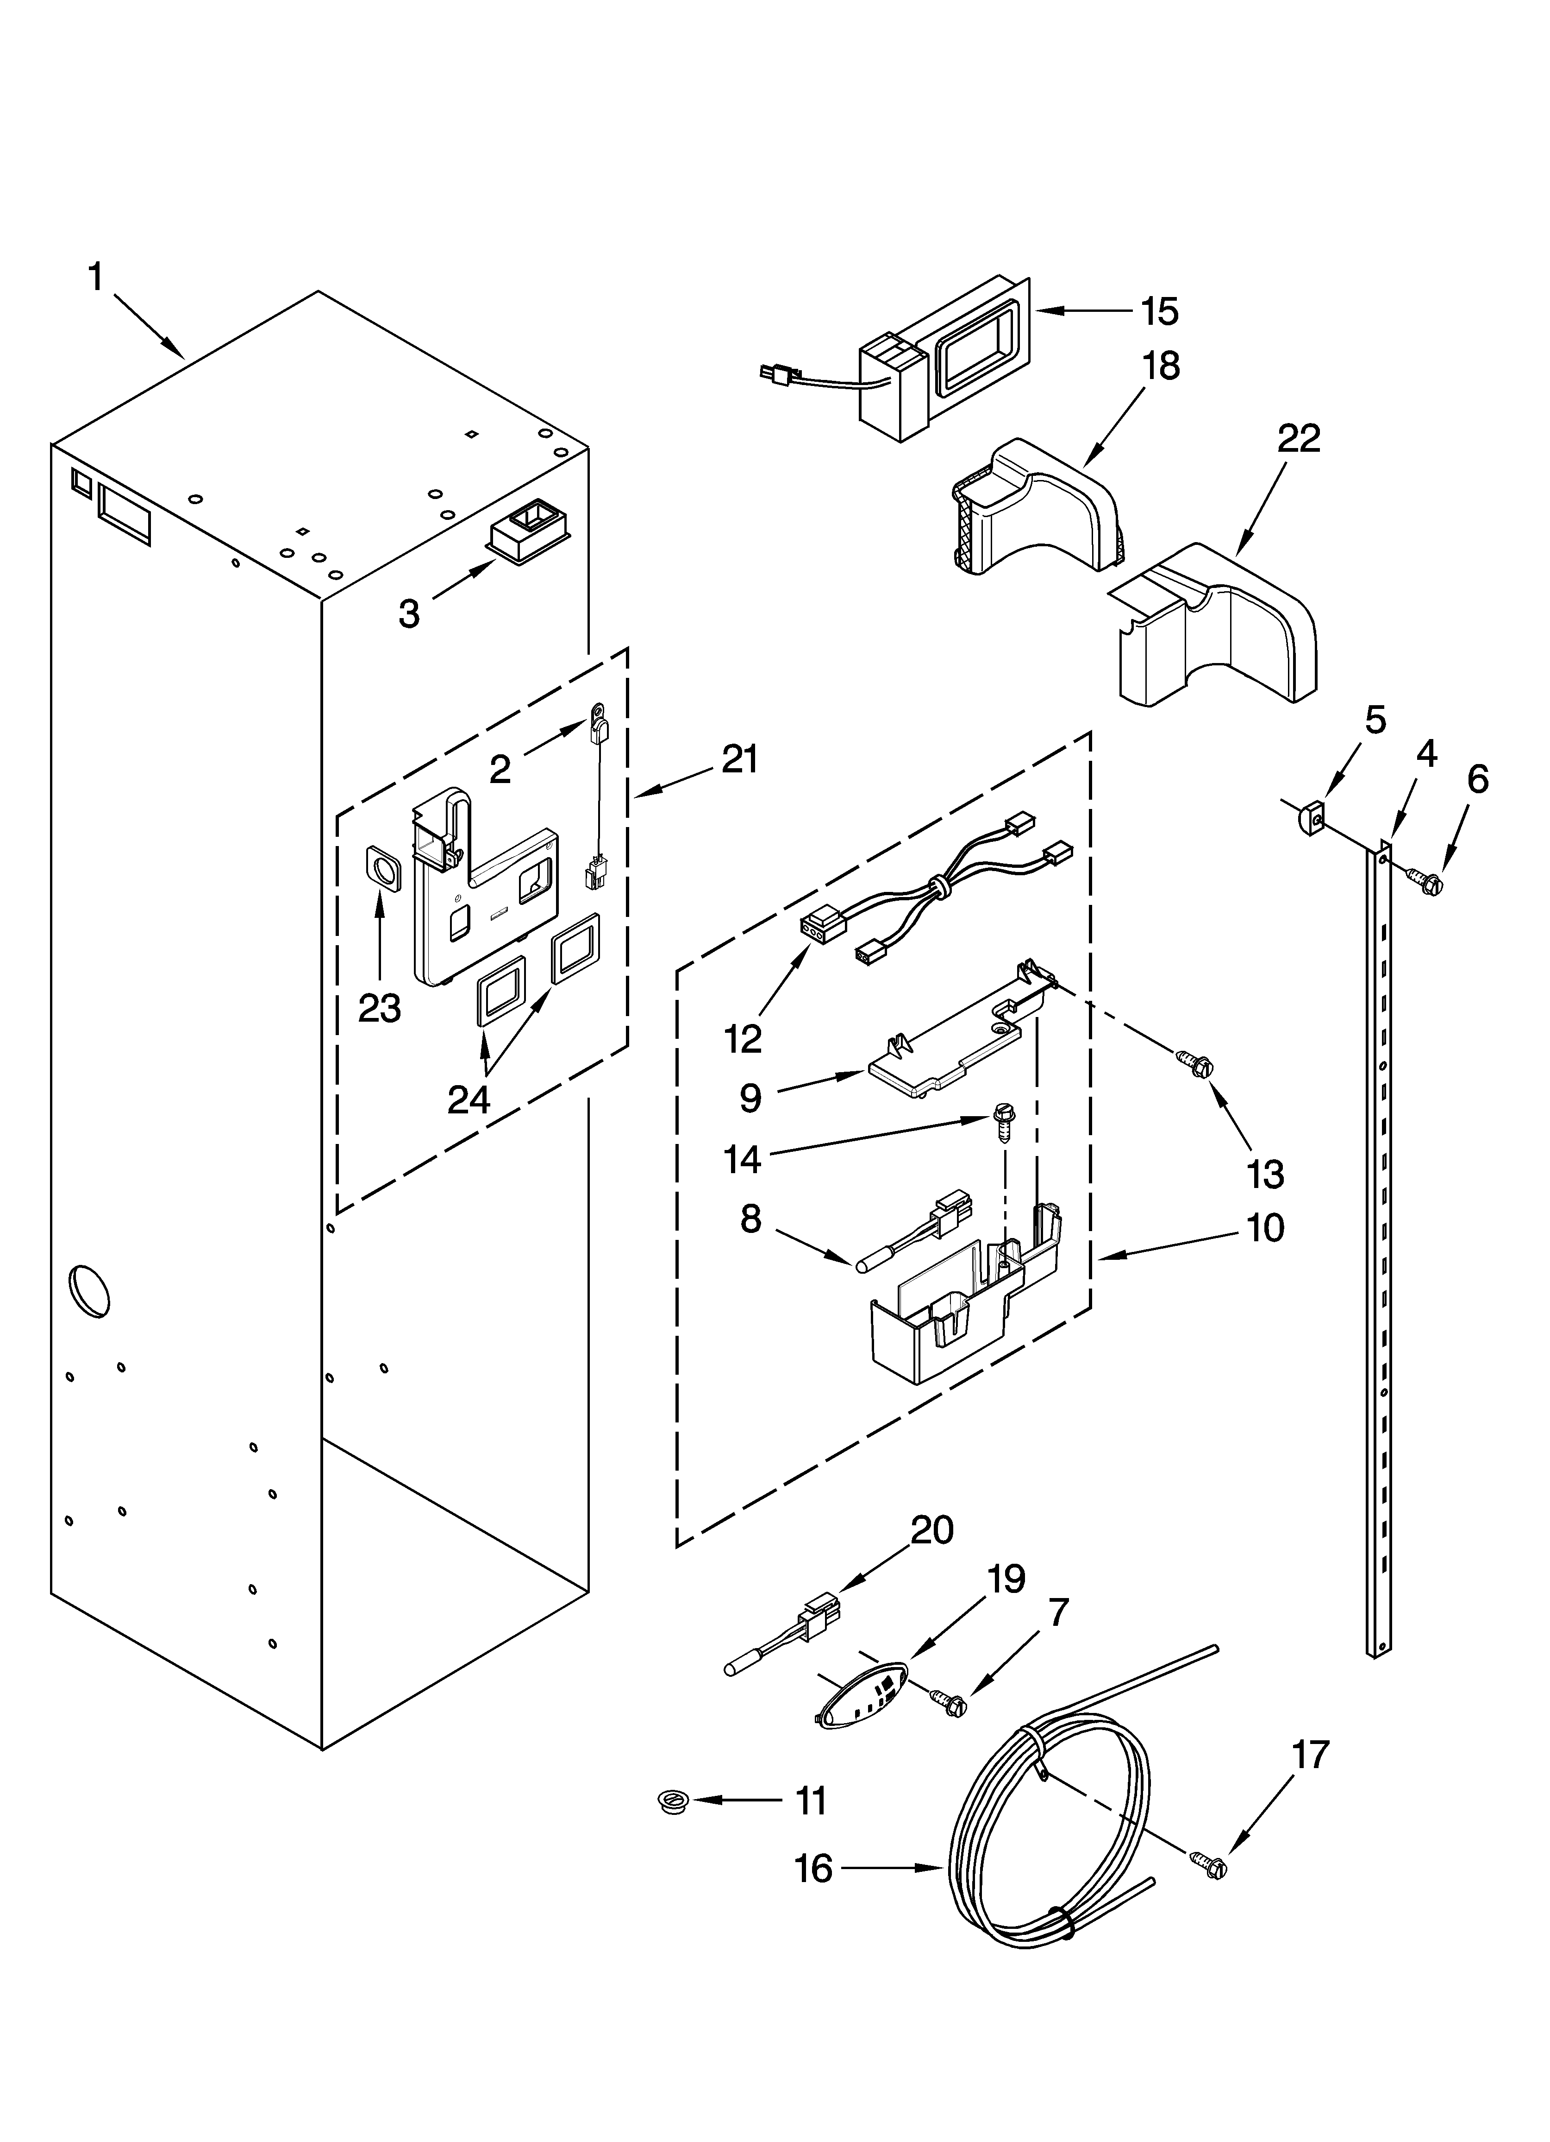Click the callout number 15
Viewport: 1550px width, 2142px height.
(x=1159, y=311)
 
